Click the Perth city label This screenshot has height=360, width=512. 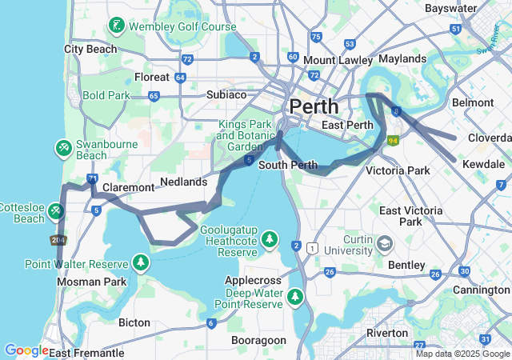tap(314, 106)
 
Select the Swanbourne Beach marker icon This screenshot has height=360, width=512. tap(63, 149)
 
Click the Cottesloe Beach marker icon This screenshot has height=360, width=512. tap(55, 211)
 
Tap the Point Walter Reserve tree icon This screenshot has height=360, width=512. tap(141, 262)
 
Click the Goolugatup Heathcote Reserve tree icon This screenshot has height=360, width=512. tap(270, 239)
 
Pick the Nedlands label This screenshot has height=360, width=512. tap(183, 182)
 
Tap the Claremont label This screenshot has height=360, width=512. tap(128, 187)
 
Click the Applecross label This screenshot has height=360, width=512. tap(252, 281)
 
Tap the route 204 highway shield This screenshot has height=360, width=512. tap(58, 239)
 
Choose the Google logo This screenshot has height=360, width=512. tap(26, 350)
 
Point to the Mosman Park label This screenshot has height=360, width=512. tap(91, 282)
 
